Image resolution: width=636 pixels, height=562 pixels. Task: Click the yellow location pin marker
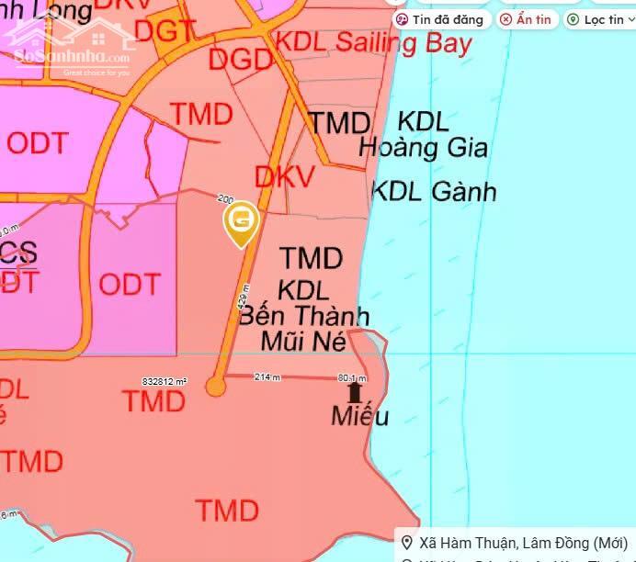coord(242,221)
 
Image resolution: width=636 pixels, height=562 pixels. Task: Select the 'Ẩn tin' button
coord(527,19)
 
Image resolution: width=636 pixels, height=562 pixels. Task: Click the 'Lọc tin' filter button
coord(596,19)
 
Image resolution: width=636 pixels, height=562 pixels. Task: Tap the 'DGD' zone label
coord(241,60)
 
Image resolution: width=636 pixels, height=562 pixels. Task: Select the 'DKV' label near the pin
coord(285,176)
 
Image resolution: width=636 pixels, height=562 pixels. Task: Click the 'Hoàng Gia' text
coord(423,146)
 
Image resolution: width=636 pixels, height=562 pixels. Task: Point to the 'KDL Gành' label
coord(433,191)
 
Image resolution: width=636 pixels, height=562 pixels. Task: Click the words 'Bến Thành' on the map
coord(304,317)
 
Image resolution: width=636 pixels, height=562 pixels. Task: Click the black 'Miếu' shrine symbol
coord(355,392)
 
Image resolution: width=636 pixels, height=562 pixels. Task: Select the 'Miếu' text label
coord(359,417)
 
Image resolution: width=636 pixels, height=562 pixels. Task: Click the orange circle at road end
coord(215,387)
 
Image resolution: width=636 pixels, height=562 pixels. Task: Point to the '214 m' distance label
coord(267,377)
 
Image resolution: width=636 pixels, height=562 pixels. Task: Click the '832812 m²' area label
coord(165,380)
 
